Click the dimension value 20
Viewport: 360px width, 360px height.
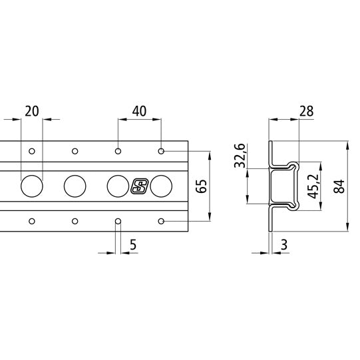click(x=31, y=110)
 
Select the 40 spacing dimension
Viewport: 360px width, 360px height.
click(x=140, y=110)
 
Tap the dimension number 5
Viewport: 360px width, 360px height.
click(x=133, y=245)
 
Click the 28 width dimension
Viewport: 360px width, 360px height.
click(x=307, y=110)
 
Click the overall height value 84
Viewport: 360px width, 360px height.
click(x=339, y=187)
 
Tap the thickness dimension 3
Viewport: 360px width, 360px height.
click(x=284, y=245)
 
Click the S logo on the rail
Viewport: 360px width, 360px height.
click(x=139, y=186)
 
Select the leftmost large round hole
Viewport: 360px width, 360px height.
click(x=31, y=186)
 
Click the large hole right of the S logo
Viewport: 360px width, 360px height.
click(x=162, y=186)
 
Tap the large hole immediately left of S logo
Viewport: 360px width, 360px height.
click(x=118, y=186)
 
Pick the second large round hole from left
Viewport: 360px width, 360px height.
click(x=75, y=186)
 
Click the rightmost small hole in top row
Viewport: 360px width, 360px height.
click(x=161, y=152)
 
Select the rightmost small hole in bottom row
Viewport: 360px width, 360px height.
click(x=161, y=221)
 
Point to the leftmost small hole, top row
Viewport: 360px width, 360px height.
click(x=31, y=152)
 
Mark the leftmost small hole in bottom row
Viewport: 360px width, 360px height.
click(x=31, y=221)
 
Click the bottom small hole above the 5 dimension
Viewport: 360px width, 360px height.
click(x=118, y=221)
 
